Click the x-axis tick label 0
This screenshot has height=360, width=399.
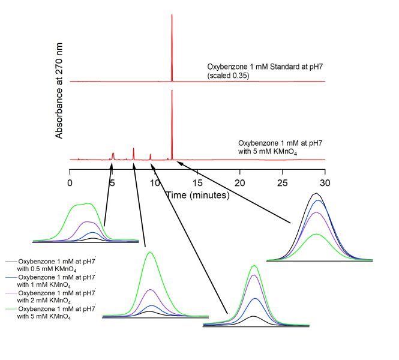click(x=70, y=182)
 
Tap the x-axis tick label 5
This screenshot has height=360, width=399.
click(x=113, y=182)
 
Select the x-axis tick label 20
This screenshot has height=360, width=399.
click(x=240, y=182)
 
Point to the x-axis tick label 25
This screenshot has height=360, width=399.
click(x=283, y=182)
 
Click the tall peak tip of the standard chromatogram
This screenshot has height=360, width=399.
click(x=172, y=15)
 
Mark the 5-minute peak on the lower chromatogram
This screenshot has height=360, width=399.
click(x=113, y=154)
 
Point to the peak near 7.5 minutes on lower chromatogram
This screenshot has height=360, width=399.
click(x=134, y=149)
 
